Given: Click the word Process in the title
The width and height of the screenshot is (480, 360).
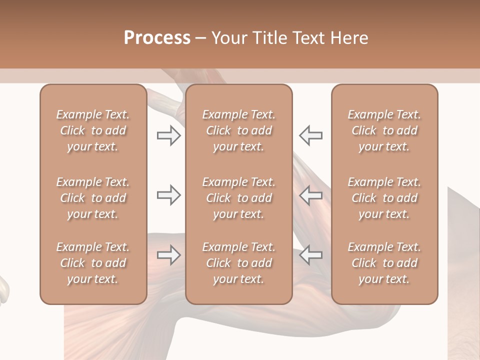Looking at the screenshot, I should pyautogui.click(x=157, y=38).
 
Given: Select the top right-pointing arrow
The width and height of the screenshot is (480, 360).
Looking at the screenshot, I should pyautogui.click(x=168, y=135).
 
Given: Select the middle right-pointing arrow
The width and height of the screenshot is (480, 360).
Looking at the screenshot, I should pyautogui.click(x=168, y=195).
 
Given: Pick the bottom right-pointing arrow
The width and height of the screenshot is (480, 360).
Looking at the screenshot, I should pyautogui.click(x=168, y=255).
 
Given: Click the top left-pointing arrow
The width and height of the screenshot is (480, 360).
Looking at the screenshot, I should pyautogui.click(x=310, y=135).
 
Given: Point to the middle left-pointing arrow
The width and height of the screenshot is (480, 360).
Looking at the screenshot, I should pyautogui.click(x=310, y=195).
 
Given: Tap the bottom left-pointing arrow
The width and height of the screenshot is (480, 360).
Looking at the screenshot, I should pyautogui.click(x=310, y=255).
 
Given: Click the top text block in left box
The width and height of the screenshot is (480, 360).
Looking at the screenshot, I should pyautogui.click(x=93, y=130).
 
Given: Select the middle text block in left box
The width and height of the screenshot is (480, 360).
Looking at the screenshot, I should pyautogui.click(x=93, y=198).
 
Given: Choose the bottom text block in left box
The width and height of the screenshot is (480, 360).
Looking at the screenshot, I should pyautogui.click(x=93, y=263).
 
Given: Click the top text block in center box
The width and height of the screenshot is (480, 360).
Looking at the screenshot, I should pyautogui.click(x=238, y=130).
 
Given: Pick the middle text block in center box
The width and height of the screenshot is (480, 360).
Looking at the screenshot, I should pyautogui.click(x=238, y=198).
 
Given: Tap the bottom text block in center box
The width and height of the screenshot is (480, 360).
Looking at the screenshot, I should pyautogui.click(x=238, y=263).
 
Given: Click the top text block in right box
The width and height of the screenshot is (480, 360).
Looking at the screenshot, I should pyautogui.click(x=384, y=130).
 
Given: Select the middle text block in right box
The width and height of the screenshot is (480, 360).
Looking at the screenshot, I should pyautogui.click(x=384, y=198).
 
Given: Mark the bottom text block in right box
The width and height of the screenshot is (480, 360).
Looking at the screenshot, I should pyautogui.click(x=384, y=263).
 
